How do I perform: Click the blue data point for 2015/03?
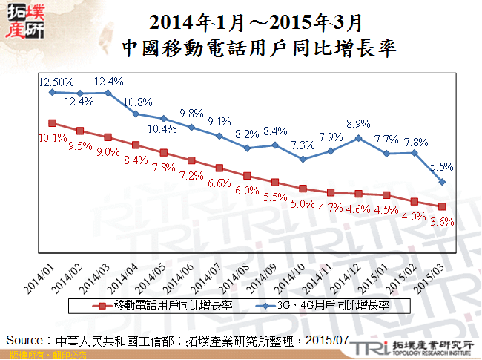click(x=442, y=182)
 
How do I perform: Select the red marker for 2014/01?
click(x=52, y=123)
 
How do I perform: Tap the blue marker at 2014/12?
click(x=358, y=137)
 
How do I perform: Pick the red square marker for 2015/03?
click(x=442, y=206)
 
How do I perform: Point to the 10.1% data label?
click(x=52, y=137)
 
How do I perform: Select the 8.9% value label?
click(x=358, y=123)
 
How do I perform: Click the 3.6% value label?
click(x=442, y=220)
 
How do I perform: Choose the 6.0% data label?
click(x=247, y=189)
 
